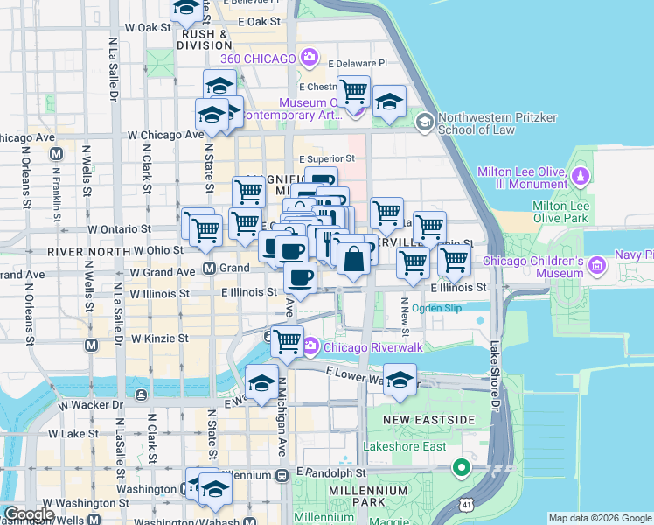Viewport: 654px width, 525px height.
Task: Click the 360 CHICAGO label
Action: point(257,59)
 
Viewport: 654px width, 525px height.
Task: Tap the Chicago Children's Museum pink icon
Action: point(598,264)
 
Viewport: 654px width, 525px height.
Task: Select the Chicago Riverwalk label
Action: point(373,347)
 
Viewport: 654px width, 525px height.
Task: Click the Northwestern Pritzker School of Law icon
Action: point(425,121)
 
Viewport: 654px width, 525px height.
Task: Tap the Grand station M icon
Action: point(210,269)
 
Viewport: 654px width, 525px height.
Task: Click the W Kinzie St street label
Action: point(159,338)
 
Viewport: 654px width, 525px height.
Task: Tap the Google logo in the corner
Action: point(29,514)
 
